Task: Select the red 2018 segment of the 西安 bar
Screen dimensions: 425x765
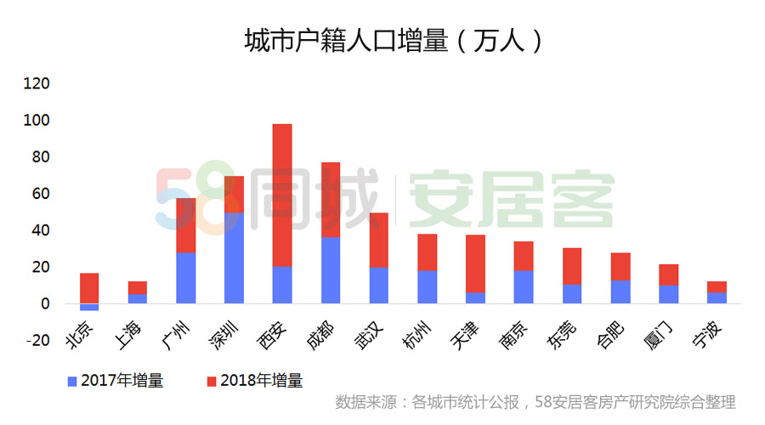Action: (x=282, y=195)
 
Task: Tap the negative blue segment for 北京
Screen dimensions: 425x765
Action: (x=89, y=307)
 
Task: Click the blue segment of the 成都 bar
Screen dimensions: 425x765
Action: (x=330, y=270)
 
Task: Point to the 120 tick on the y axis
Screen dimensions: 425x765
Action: (x=37, y=84)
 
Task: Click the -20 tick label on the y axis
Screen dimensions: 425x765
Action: (x=37, y=340)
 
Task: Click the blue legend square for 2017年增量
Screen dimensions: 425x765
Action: (x=72, y=381)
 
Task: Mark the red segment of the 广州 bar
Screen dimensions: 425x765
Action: (x=185, y=225)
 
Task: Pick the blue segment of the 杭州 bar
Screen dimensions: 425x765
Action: (x=427, y=287)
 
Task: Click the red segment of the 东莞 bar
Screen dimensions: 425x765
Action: (x=572, y=266)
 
